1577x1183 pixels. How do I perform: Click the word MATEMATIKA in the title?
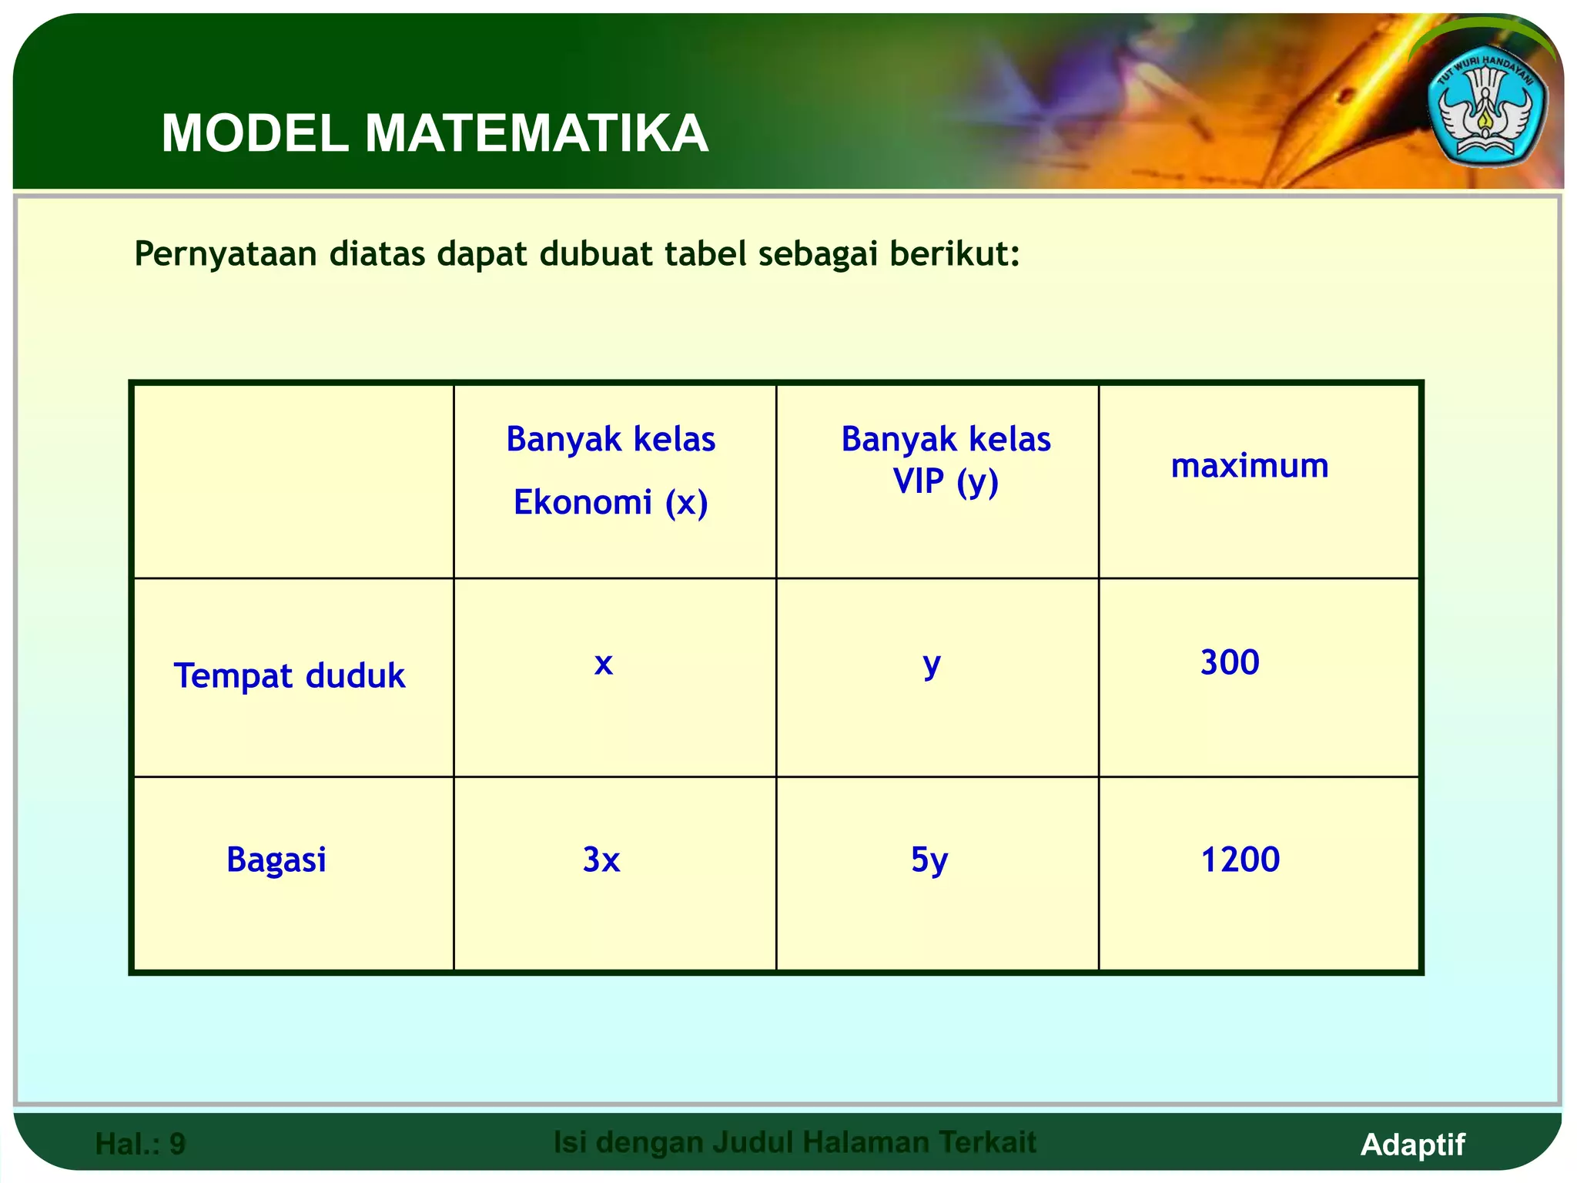pos(536,134)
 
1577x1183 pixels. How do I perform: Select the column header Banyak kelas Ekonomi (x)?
pos(611,471)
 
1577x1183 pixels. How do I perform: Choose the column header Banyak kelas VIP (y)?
pos(946,460)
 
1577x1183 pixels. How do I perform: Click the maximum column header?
pos(1249,466)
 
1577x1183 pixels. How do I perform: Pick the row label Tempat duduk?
pos(290,675)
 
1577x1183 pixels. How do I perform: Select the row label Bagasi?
pos(276,860)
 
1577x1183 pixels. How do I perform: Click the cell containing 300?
pos(1230,662)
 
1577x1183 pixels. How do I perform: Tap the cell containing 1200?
pos(1240,860)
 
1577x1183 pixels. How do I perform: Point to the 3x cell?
pos(601,860)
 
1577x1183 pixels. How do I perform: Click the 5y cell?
pos(929,860)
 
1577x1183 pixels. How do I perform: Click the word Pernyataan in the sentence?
pos(226,254)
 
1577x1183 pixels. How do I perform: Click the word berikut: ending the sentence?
pos(955,253)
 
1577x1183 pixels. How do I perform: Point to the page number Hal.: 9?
pos(140,1144)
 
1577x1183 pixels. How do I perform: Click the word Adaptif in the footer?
pos(1412,1144)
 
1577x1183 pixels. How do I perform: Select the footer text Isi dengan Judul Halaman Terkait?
pos(795,1142)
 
